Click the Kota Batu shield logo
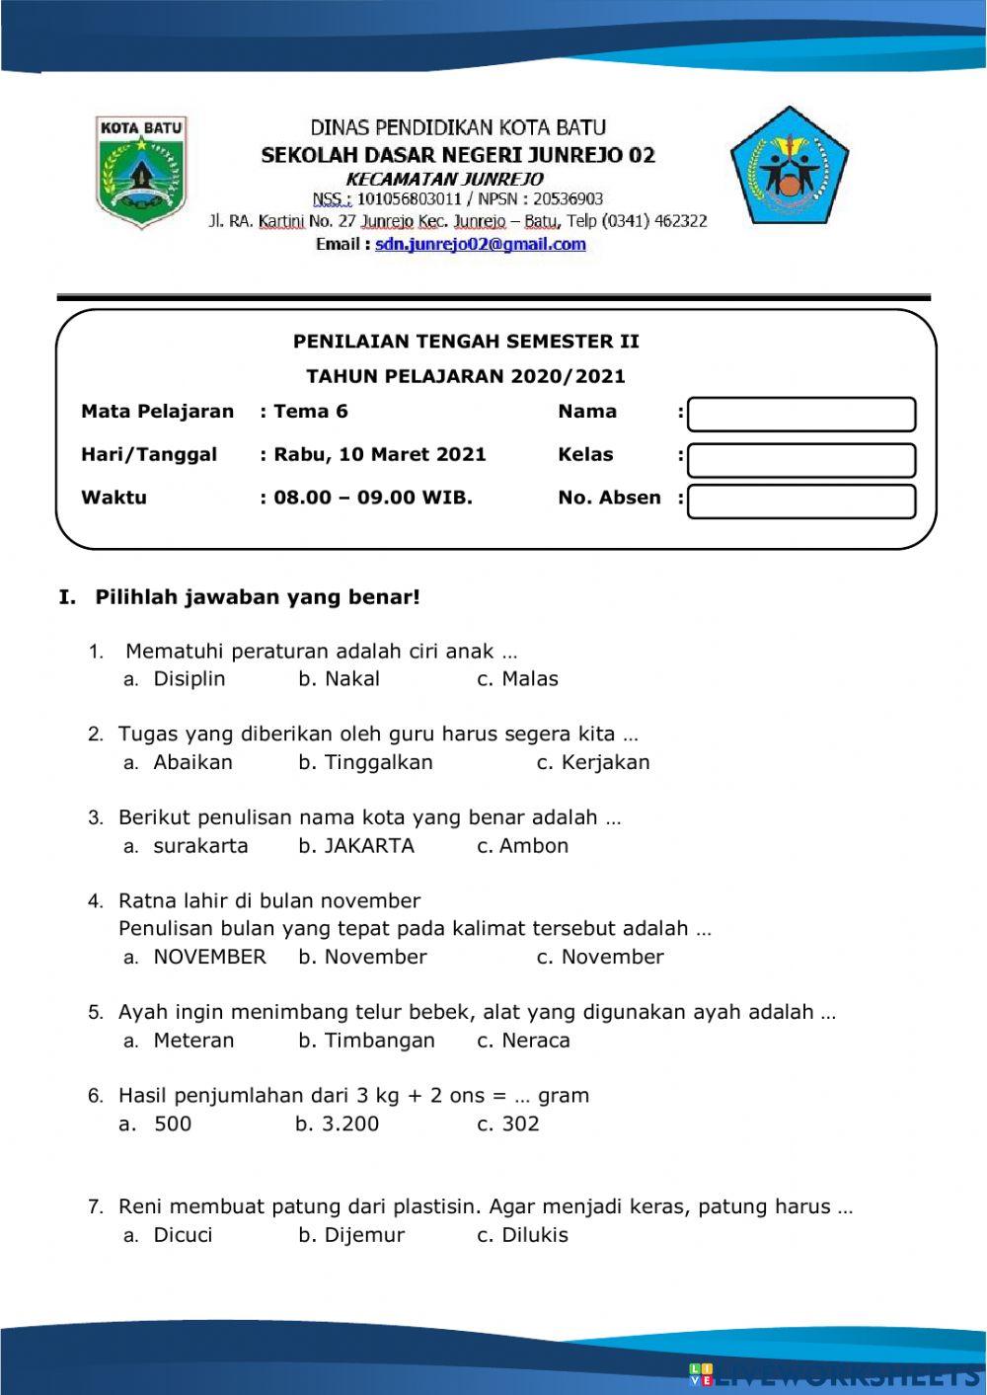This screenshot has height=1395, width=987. point(141,172)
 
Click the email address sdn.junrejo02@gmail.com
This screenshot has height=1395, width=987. point(480,245)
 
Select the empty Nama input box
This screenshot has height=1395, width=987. point(801,415)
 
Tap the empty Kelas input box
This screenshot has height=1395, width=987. point(801,460)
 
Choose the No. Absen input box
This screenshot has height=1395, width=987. point(801,502)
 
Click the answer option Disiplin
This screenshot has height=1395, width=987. point(189,679)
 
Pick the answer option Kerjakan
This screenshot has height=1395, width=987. point(605,762)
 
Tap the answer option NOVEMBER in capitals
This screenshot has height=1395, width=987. point(209,957)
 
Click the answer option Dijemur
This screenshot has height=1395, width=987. point(364,1235)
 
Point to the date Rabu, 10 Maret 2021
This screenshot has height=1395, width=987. point(379,455)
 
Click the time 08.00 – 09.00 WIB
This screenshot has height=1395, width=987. point(372,498)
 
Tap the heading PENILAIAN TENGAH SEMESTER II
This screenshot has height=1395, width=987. point(466,342)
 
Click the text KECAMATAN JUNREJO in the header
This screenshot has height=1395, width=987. point(444,179)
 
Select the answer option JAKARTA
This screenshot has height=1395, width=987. point(369,846)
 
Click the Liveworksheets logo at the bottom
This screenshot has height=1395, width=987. point(834,1376)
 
